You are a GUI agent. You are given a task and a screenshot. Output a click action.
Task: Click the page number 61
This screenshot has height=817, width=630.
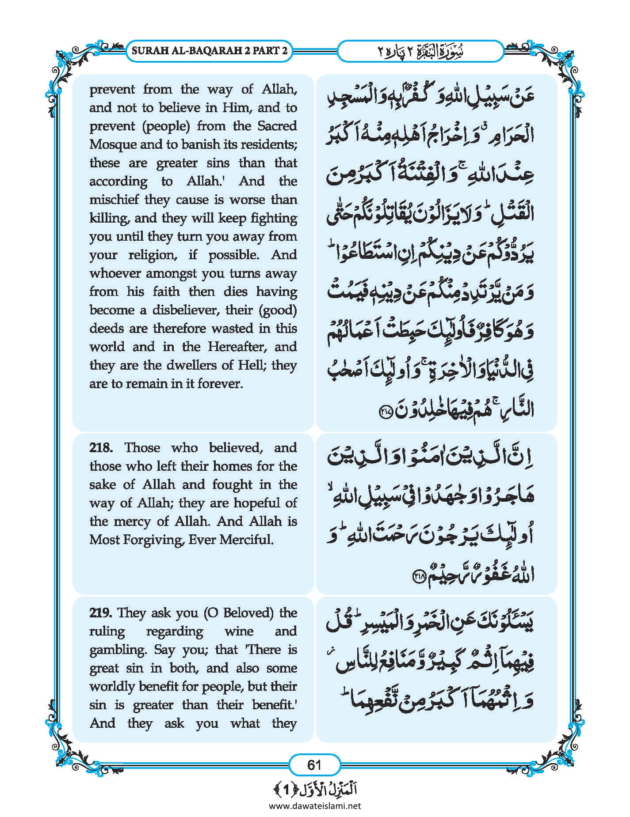tap(314, 764)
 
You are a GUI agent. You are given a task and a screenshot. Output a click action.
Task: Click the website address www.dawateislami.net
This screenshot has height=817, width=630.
tap(315, 806)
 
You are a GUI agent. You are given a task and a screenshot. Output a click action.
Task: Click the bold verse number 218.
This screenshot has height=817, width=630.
tap(101, 448)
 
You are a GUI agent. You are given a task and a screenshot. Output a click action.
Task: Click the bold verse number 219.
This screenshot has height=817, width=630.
tap(101, 613)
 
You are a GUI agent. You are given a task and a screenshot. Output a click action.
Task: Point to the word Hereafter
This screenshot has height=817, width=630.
tap(237, 347)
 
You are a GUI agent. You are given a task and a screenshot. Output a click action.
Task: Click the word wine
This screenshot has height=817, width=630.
tap(239, 632)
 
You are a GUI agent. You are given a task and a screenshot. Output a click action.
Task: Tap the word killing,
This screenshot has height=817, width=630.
tap(110, 218)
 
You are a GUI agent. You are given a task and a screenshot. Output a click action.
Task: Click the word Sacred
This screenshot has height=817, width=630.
tap(277, 126)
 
